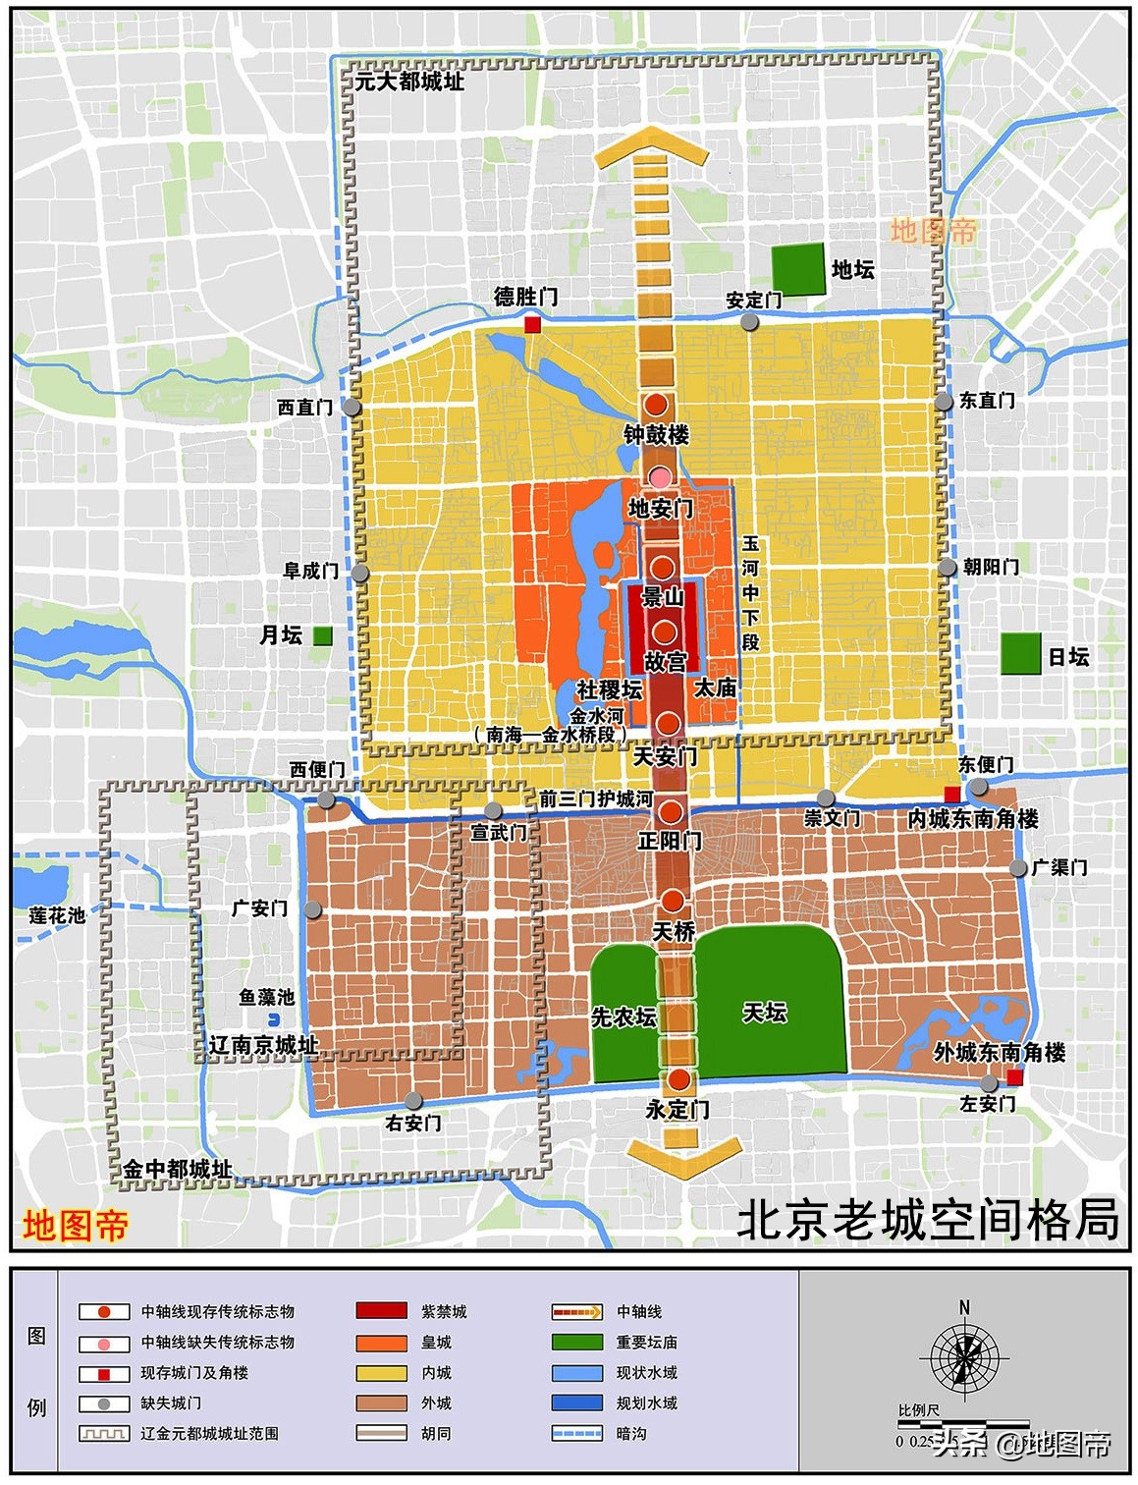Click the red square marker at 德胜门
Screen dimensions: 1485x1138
click(533, 324)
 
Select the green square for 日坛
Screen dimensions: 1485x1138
click(1020, 653)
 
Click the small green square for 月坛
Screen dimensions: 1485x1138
click(322, 635)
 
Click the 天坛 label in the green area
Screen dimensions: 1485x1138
click(764, 1012)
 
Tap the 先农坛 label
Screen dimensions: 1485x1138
click(623, 1017)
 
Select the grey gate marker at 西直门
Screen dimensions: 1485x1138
click(352, 407)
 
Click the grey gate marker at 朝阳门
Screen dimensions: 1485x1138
click(947, 568)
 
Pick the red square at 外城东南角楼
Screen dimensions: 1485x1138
click(1015, 1078)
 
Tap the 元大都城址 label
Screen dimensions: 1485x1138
click(409, 82)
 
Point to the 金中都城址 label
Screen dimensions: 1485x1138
click(178, 1169)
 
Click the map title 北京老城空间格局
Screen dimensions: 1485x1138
click(927, 1220)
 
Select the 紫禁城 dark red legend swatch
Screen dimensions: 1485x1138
click(381, 1311)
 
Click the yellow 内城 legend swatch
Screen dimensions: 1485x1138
click(381, 1372)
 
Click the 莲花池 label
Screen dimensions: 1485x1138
click(57, 915)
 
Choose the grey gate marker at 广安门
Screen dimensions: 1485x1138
click(313, 909)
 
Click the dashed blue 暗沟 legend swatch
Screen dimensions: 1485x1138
click(577, 1433)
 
